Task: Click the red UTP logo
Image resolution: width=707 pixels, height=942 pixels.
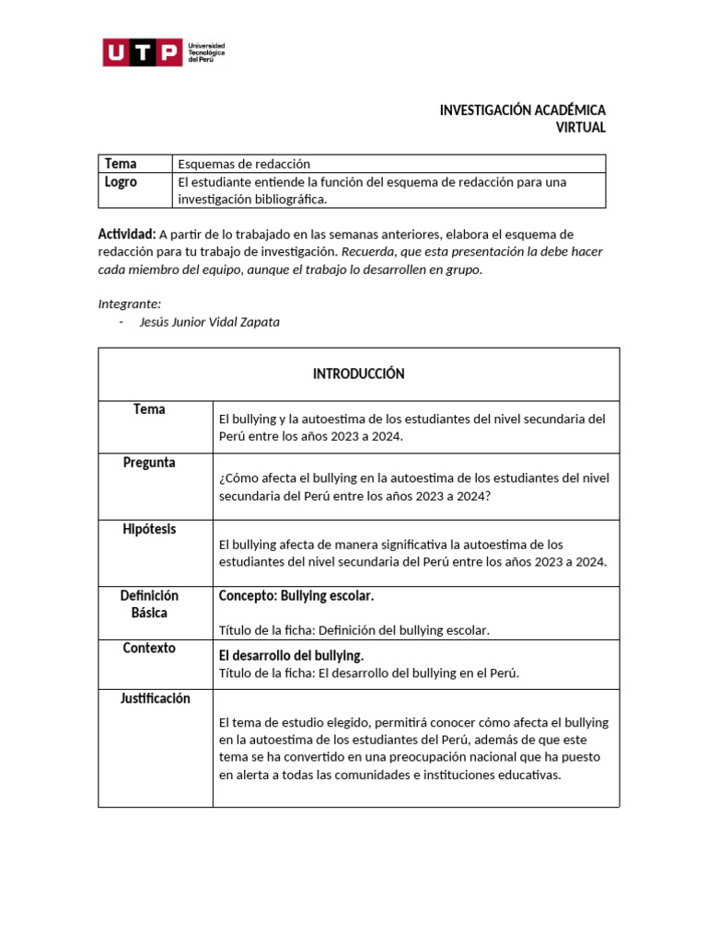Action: coord(142,52)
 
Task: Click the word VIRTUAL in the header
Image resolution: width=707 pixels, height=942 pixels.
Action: coord(580,128)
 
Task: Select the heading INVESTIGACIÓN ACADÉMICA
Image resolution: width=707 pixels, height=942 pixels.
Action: coord(522,110)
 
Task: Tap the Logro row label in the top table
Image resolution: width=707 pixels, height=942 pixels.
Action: coord(121,182)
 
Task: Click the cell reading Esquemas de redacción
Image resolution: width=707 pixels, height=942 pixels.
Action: coord(244,164)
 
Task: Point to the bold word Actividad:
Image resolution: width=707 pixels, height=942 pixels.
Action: coord(126,235)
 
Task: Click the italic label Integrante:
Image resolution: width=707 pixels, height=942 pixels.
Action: coord(129,304)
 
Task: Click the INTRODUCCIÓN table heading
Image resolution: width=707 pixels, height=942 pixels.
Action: coord(358,373)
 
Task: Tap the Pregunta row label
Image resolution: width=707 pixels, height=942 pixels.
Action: coord(149,463)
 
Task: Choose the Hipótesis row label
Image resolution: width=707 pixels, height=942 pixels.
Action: coord(149,530)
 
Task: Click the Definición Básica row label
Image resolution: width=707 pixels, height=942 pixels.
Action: coord(149,604)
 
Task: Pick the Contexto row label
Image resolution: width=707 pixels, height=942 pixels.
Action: coord(149,649)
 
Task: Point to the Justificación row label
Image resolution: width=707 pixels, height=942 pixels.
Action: coord(155,699)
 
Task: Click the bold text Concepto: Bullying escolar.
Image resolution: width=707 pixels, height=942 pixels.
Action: coord(296,596)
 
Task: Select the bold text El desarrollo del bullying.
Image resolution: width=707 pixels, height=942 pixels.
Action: coord(291,656)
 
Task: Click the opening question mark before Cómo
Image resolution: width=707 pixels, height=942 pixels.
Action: coord(222,478)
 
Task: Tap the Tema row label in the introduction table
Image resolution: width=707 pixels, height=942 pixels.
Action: coord(149,409)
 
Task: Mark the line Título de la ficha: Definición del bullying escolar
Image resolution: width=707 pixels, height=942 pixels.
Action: coord(354,630)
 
